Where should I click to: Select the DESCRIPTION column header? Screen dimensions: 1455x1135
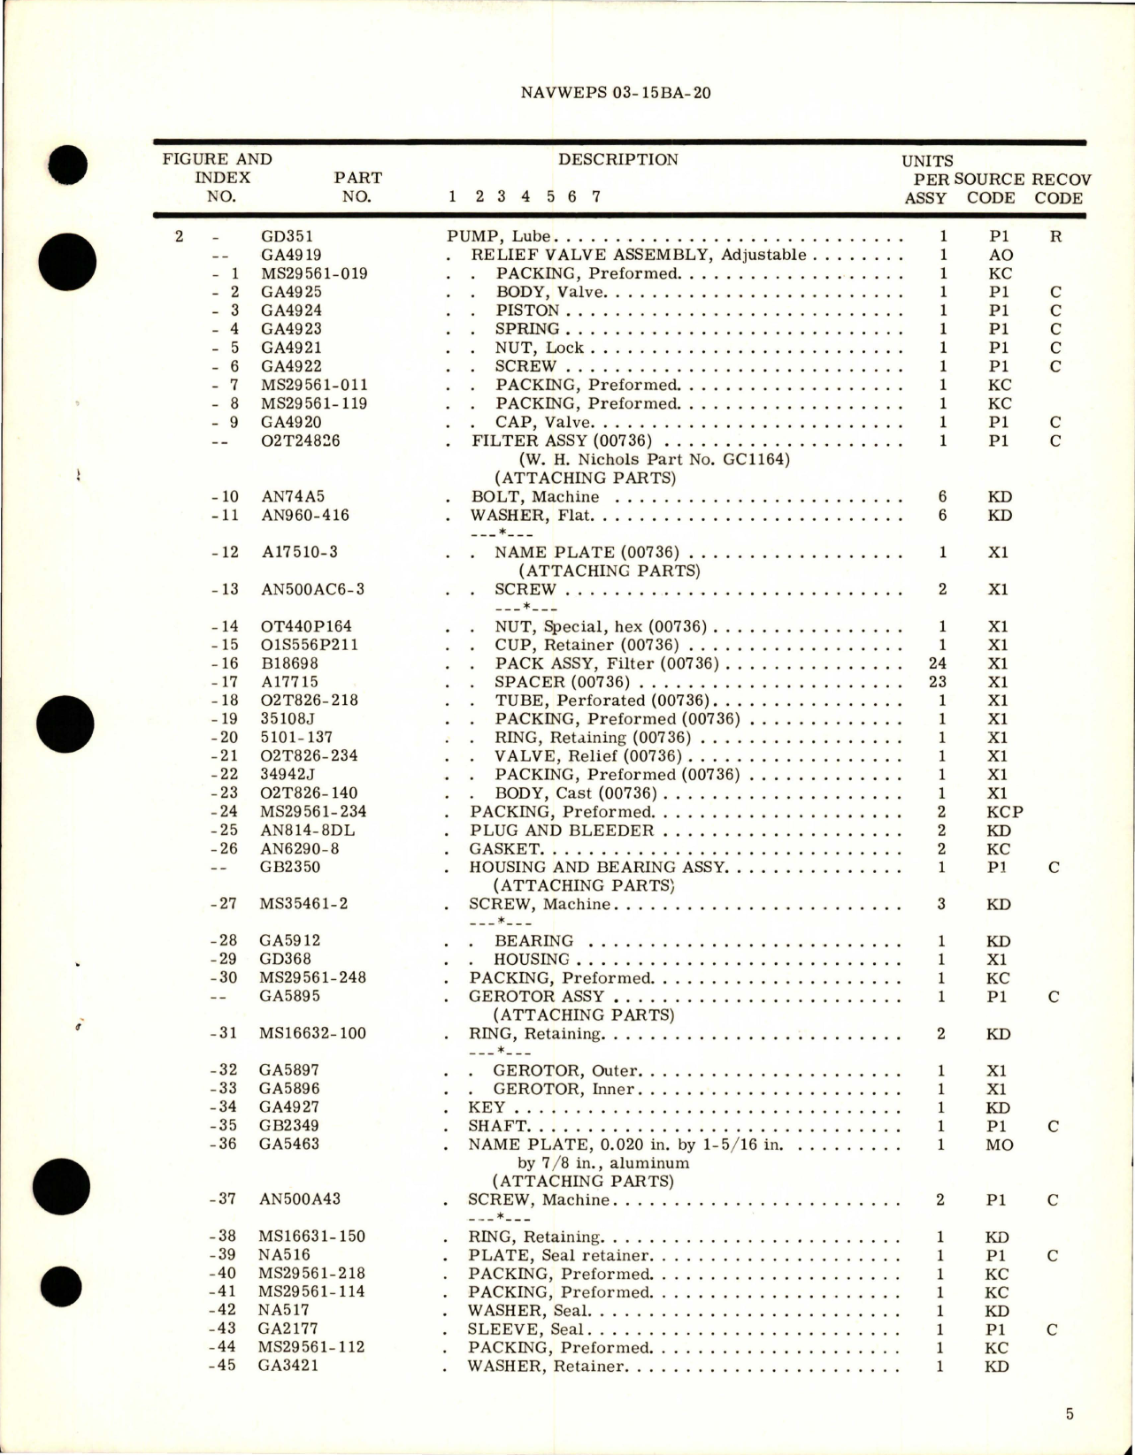coord(617,160)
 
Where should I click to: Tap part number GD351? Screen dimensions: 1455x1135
coord(287,236)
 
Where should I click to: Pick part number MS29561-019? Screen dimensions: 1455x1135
coord(314,273)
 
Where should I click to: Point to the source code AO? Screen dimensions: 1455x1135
coord(1001,255)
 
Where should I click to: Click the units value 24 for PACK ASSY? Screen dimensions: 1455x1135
coord(938,663)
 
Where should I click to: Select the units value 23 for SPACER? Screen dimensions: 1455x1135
coord(938,682)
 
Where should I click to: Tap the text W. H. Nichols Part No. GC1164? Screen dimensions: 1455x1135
coord(655,459)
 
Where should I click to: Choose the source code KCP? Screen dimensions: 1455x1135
coord(1005,811)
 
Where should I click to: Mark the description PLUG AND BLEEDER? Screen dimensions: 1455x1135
coord(562,830)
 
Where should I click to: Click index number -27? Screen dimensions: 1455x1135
coord(225,904)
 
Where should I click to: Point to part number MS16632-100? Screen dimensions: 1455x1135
coord(312,1033)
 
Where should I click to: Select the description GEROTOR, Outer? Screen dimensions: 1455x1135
coord(565,1070)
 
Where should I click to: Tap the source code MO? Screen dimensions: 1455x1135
coord(1000,1145)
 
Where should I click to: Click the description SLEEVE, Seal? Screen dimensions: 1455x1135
coord(525,1329)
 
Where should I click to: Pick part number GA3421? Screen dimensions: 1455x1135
coord(288,1366)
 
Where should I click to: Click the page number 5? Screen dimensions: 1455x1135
coord(1070,1414)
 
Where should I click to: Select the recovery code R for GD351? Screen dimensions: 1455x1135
coord(1055,236)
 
